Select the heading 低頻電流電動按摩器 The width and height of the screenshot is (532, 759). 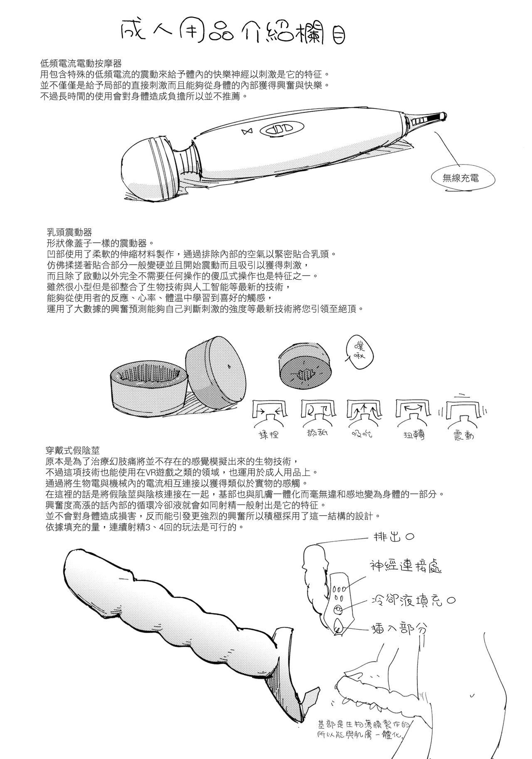pyautogui.click(x=81, y=63)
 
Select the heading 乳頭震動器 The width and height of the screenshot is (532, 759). pyautogui.click(x=70, y=232)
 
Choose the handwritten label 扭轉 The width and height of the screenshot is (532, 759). pyautogui.click(x=413, y=435)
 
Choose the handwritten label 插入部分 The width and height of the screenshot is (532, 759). pyautogui.click(x=399, y=629)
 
